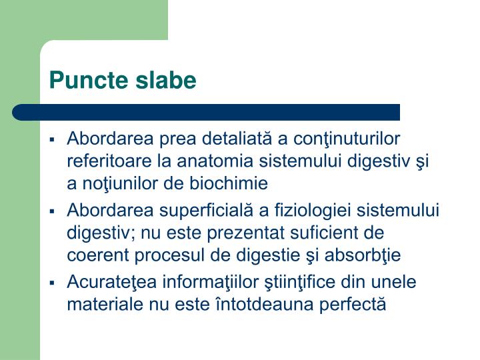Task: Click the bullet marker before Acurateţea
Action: (52, 283)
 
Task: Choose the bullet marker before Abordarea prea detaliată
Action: (52, 140)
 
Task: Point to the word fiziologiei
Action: (312, 211)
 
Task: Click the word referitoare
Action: (103, 161)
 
